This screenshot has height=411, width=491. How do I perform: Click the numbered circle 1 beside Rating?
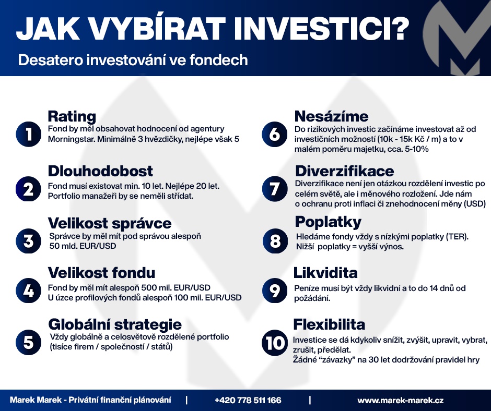[x=28, y=135]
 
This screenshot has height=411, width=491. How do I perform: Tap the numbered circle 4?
[x=28, y=291]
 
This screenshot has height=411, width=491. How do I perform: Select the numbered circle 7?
[x=274, y=189]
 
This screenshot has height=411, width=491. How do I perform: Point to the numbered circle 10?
[x=274, y=344]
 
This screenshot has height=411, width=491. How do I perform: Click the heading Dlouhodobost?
[x=100, y=171]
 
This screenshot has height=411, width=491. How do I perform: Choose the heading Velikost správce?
[x=110, y=224]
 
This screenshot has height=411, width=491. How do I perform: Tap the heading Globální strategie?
[x=115, y=324]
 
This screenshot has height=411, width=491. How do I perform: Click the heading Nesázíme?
[x=331, y=116]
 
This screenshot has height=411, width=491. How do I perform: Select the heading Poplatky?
[x=328, y=222]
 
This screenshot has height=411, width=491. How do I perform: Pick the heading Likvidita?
[x=325, y=273]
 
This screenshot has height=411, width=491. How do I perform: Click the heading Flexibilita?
[x=329, y=324]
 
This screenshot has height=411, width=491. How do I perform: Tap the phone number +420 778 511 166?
[x=248, y=401]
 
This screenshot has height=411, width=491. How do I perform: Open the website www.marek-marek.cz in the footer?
[x=400, y=401]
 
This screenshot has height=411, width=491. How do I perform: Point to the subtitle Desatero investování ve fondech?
[x=133, y=60]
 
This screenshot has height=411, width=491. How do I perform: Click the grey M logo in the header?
[x=455, y=37]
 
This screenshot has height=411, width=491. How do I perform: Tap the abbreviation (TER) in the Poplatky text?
[x=457, y=236]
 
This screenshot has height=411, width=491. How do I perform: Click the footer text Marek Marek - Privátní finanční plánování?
[x=90, y=400]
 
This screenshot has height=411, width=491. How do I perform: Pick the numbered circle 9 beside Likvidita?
[x=274, y=291]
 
